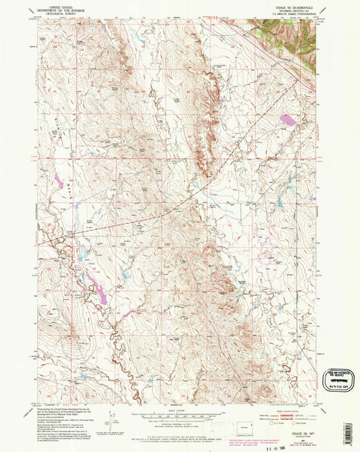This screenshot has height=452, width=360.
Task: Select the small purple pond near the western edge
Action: [x=57, y=182]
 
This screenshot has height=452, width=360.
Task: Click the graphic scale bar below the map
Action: [x=179, y=413]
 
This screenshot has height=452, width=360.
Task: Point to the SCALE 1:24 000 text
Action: [x=179, y=408]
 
